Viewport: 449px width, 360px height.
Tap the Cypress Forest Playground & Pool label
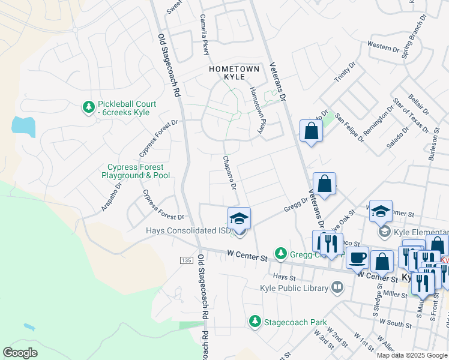138,171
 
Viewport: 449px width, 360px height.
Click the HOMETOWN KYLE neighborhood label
234,74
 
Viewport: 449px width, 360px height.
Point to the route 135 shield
185,259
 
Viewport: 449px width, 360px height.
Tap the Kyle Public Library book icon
337,288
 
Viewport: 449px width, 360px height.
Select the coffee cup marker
358,257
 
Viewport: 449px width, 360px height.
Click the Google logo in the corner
20,353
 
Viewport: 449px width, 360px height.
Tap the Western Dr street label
383,46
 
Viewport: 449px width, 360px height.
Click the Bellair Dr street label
418,102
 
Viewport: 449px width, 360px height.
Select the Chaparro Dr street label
229,172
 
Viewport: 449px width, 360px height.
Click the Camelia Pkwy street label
204,35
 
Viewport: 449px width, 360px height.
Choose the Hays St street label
285,277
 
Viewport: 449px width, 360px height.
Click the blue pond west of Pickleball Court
22,125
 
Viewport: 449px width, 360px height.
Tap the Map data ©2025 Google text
411,355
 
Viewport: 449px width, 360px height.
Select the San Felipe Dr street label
349,127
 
